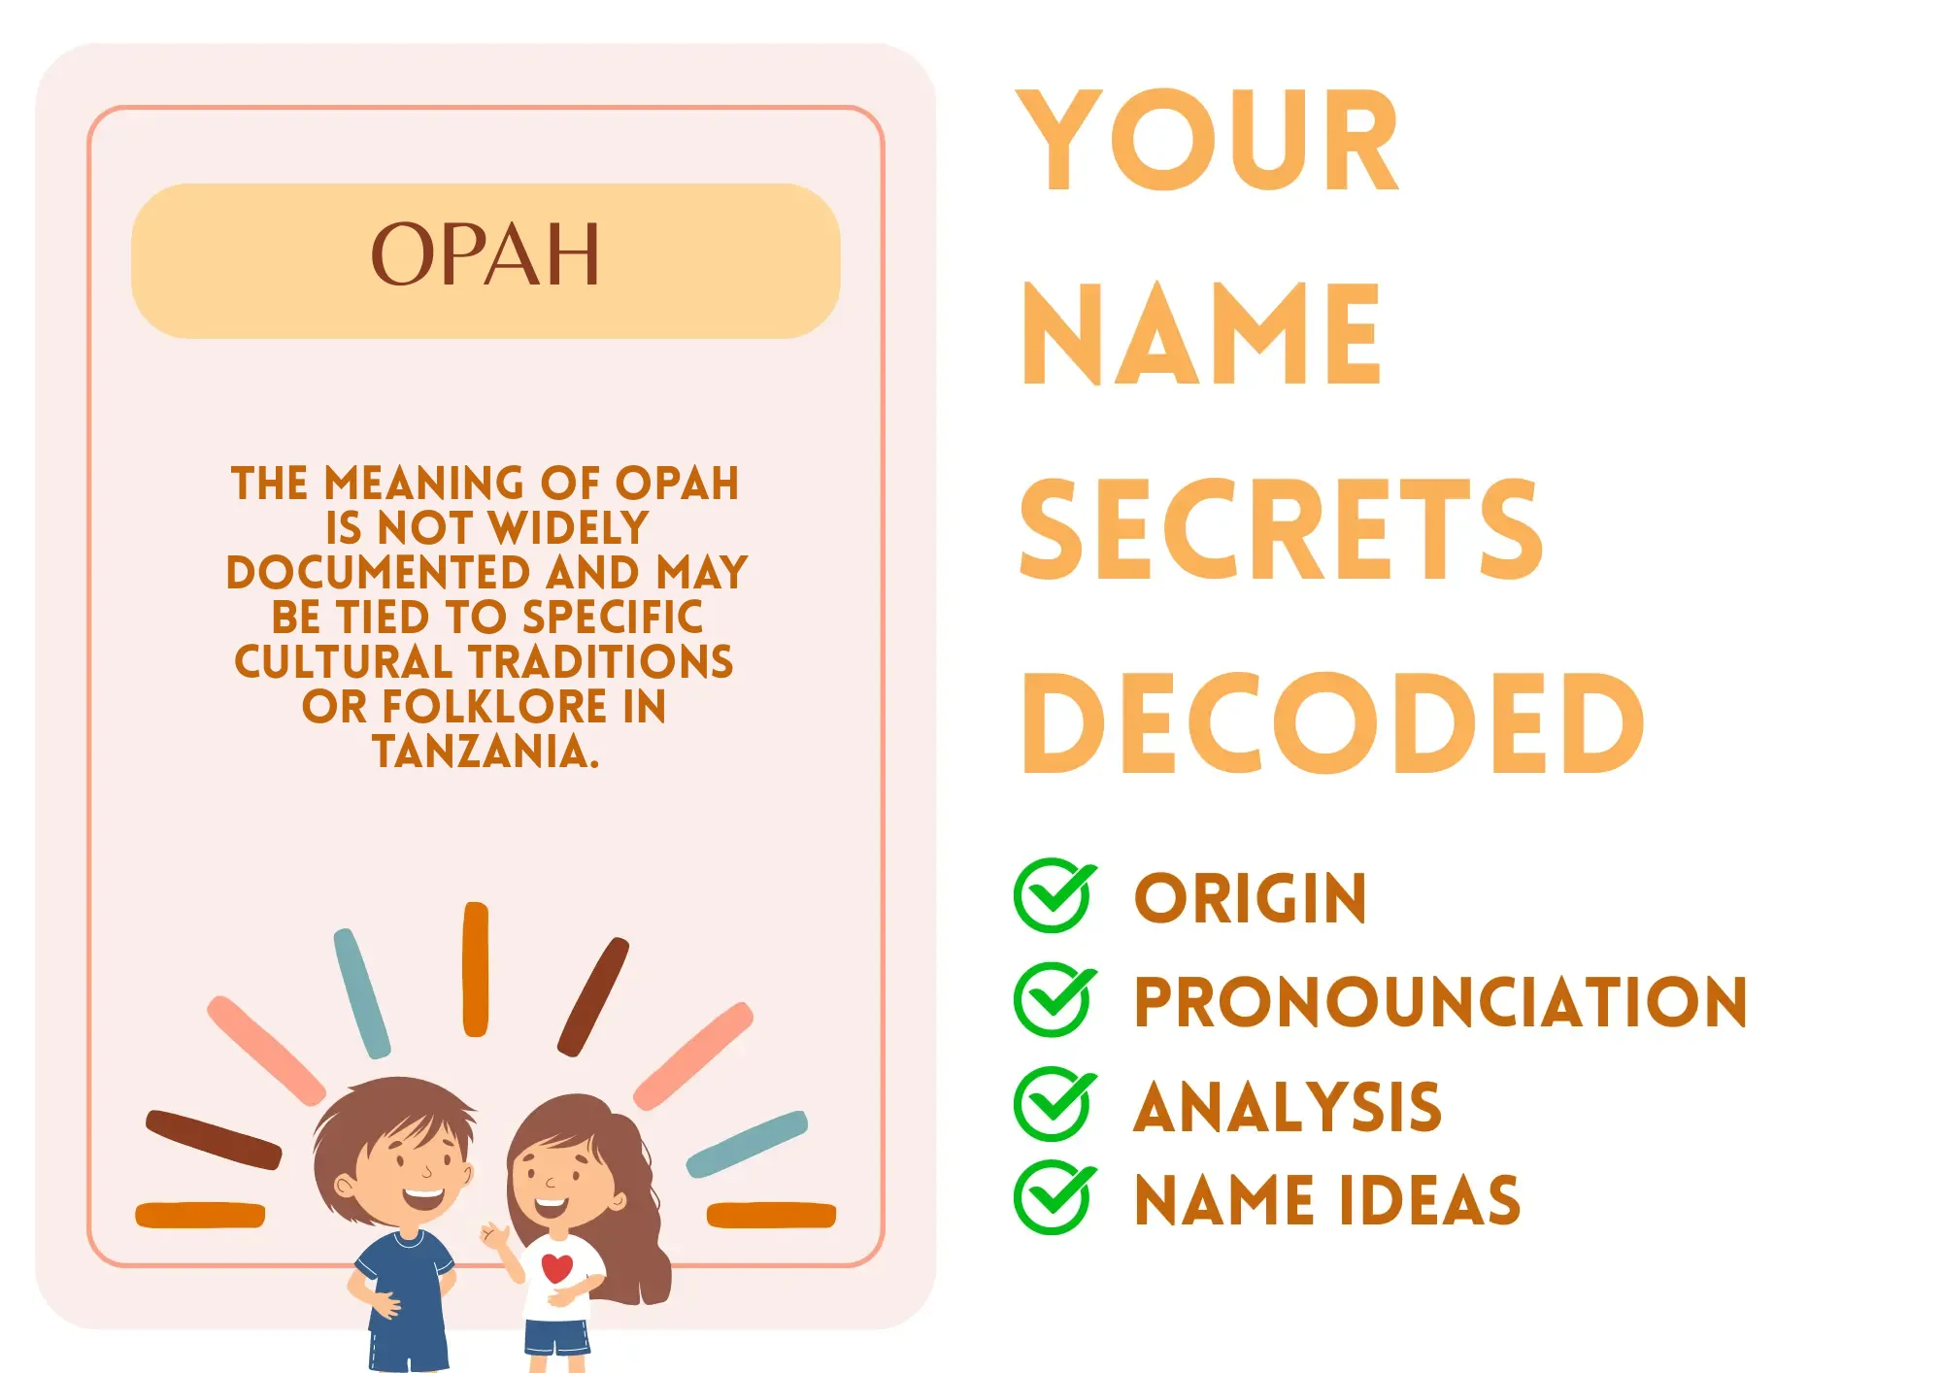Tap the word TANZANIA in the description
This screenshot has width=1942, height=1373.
click(485, 751)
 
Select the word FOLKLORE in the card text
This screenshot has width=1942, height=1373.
click(494, 706)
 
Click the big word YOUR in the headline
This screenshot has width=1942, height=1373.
click(1207, 140)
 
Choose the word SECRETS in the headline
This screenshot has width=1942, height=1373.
click(1281, 529)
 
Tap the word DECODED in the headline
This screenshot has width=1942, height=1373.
click(1332, 723)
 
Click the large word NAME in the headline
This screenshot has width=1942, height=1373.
click(1201, 335)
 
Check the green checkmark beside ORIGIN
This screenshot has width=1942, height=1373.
click(1055, 895)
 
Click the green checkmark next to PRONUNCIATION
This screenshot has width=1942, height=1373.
click(1055, 999)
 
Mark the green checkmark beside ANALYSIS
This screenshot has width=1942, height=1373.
click(1055, 1103)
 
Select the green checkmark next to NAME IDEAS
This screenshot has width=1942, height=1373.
click(1055, 1197)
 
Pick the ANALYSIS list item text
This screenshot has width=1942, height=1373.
click(1288, 1107)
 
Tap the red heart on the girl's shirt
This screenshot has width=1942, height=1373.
click(557, 1268)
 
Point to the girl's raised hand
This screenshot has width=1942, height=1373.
click(495, 1236)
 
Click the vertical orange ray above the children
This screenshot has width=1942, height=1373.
click(476, 969)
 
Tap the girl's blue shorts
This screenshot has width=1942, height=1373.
click(557, 1336)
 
